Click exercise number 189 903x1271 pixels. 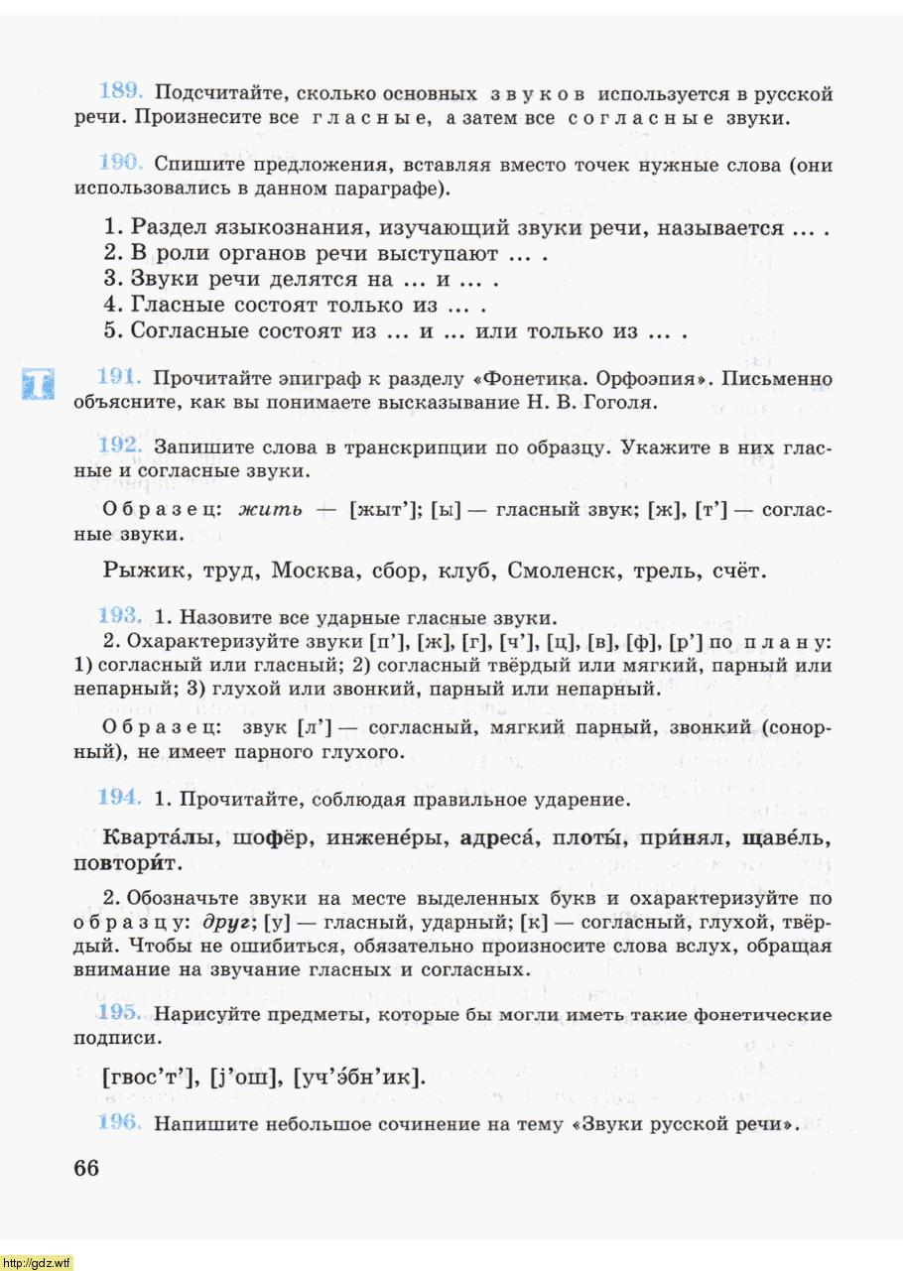(x=122, y=92)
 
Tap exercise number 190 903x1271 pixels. (x=122, y=162)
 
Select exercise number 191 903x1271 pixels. (x=122, y=377)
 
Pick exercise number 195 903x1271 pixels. (x=122, y=1012)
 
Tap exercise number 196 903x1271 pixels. (x=122, y=1124)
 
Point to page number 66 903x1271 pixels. (x=86, y=1167)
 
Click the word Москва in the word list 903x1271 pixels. (x=314, y=571)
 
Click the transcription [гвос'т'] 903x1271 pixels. (x=148, y=1077)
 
